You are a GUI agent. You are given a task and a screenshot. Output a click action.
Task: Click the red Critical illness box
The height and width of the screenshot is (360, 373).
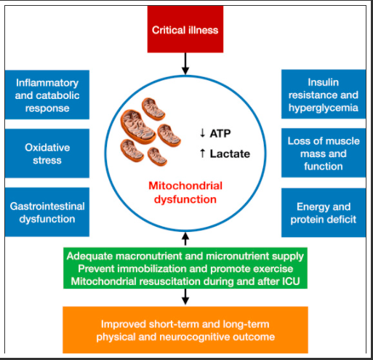pos(185,29)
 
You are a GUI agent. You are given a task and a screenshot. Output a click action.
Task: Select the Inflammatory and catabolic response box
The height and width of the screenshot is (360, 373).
pos(47,95)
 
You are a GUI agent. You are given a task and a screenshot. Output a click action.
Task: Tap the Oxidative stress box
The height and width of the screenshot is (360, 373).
pos(47,153)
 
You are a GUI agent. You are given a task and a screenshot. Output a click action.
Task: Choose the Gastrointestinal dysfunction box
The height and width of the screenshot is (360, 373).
pos(47,212)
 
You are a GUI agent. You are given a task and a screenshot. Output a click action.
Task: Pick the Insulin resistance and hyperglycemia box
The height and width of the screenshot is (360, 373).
pos(324,94)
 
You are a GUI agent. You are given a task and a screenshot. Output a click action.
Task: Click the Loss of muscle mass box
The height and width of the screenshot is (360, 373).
pos(324,153)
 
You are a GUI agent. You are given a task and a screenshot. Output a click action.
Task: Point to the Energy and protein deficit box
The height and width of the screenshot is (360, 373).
pos(324,212)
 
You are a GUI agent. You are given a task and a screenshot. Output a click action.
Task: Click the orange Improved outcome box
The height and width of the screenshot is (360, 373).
pos(185,329)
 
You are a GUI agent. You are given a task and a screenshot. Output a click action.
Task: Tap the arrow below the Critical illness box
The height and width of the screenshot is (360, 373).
pos(185,63)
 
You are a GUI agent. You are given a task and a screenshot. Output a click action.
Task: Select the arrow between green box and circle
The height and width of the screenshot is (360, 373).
pos(185,239)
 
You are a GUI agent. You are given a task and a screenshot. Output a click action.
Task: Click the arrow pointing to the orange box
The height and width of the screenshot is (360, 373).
pos(185,297)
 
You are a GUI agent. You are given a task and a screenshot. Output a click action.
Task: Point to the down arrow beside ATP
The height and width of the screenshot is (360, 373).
pos(202,133)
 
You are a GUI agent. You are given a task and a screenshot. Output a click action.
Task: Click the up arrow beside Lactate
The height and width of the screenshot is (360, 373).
pos(202,153)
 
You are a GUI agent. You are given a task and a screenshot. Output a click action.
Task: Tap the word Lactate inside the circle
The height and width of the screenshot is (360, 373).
pos(230,153)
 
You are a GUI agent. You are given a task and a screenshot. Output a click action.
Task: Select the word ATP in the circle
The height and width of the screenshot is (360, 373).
pos(220,133)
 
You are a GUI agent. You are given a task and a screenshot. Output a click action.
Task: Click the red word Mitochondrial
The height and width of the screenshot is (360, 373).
pos(185,185)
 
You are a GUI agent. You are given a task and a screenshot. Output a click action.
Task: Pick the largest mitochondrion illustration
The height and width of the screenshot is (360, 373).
pos(137,127)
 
